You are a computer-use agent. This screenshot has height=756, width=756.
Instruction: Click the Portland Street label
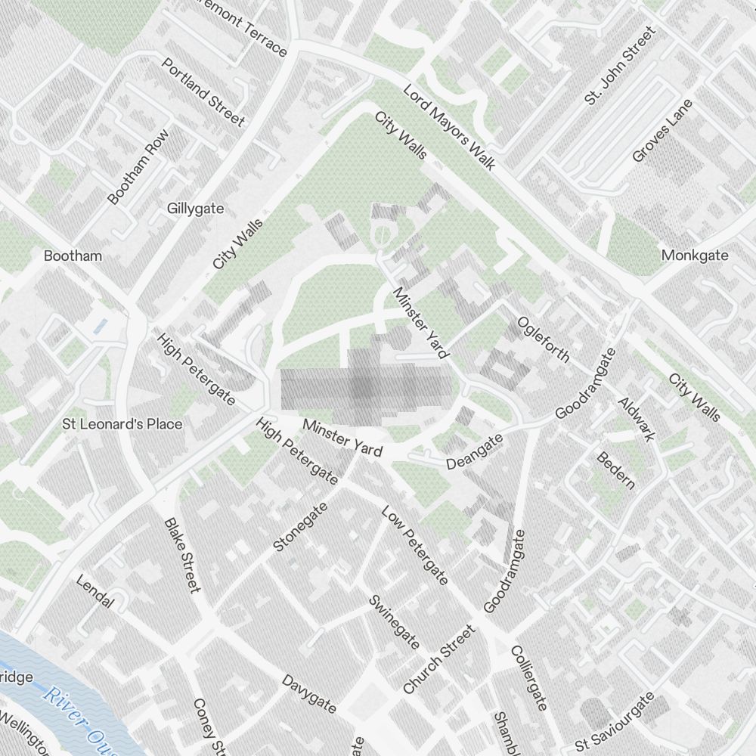coord(203,92)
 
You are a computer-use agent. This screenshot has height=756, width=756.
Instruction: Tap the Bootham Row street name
coord(138,167)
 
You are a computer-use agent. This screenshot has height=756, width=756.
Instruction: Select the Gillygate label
coord(196,208)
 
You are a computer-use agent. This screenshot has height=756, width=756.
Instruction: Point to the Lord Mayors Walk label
coord(448,127)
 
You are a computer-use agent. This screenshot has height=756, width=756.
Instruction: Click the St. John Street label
coord(619,66)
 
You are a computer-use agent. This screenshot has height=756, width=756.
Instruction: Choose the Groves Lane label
coord(662,131)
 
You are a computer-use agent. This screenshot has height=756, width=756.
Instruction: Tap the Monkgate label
coord(695,256)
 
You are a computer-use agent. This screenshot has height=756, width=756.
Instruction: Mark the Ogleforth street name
coord(543,339)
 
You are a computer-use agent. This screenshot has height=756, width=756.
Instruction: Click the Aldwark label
coord(637,419)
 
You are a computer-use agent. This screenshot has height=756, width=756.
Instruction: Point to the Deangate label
coord(474,452)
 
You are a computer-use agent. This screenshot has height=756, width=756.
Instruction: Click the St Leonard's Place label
coord(122,424)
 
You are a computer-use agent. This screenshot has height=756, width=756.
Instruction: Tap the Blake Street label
coord(182,555)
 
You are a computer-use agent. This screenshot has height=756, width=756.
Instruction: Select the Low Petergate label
coord(415,545)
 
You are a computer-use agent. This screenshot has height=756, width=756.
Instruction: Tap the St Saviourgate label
coord(614,723)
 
